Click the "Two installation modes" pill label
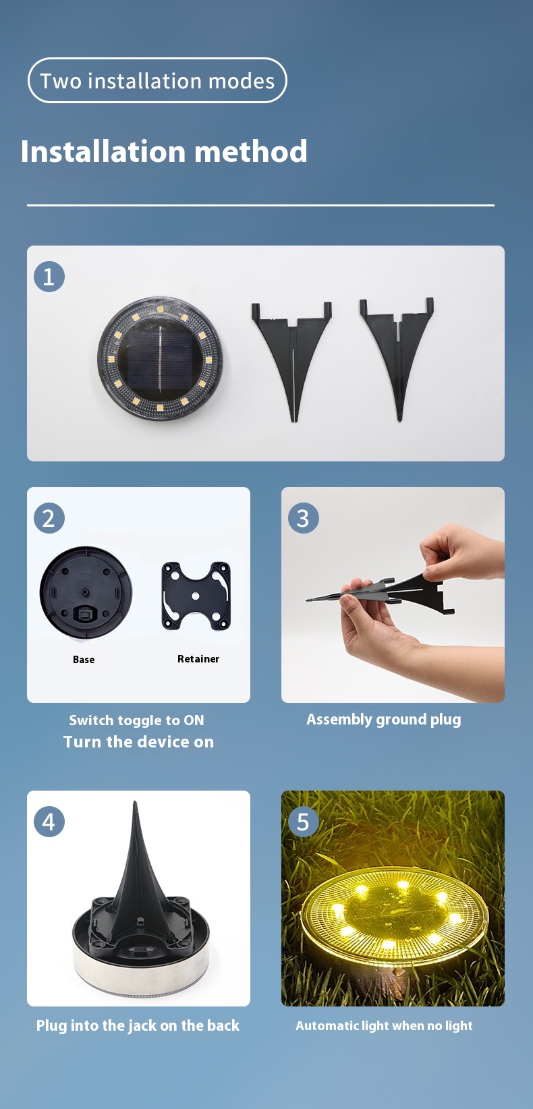pyautogui.click(x=157, y=81)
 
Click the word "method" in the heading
pyautogui.click(x=251, y=151)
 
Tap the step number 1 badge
pyautogui.click(x=49, y=277)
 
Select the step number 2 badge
pyautogui.click(x=49, y=518)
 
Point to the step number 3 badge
pyautogui.click(x=303, y=518)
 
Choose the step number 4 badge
pyautogui.click(x=49, y=822)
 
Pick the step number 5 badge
pyautogui.click(x=303, y=822)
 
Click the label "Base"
pyautogui.click(x=84, y=660)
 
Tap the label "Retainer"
pyautogui.click(x=198, y=659)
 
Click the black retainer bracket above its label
pyautogui.click(x=196, y=596)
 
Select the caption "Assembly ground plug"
pyautogui.click(x=383, y=719)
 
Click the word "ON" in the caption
pyautogui.click(x=194, y=720)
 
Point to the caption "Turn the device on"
pyautogui.click(x=139, y=741)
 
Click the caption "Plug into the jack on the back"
pyautogui.click(x=138, y=1025)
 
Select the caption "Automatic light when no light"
pyautogui.click(x=384, y=1026)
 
